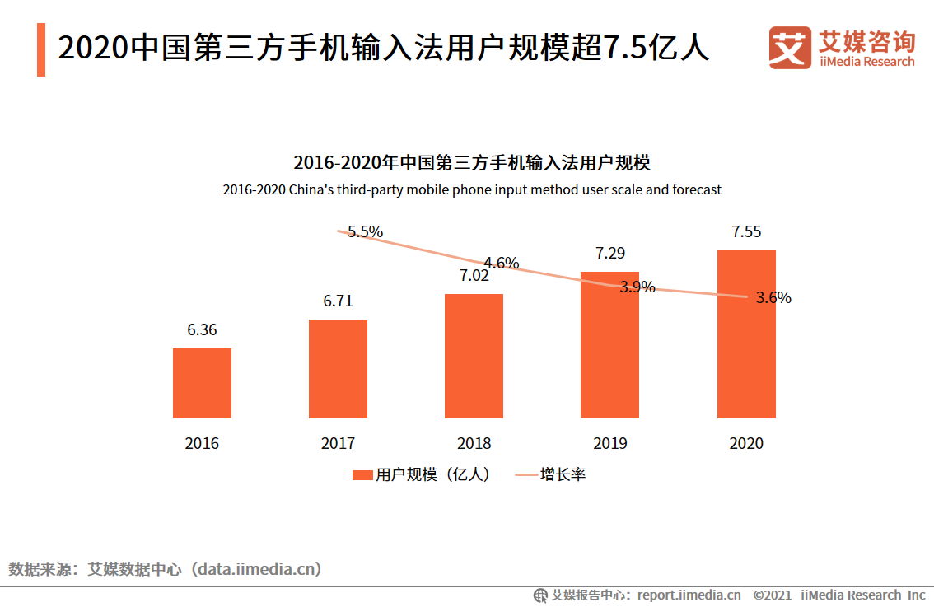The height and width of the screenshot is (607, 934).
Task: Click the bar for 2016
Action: (x=202, y=383)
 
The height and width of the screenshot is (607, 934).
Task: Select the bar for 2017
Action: (x=338, y=369)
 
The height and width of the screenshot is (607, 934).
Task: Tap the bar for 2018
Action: (x=474, y=356)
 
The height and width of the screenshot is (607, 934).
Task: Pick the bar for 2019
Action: (x=609, y=344)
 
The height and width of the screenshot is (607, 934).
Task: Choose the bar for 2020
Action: (x=746, y=334)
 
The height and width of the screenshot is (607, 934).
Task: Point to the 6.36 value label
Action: (x=202, y=329)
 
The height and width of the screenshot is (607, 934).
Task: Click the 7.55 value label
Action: (x=746, y=231)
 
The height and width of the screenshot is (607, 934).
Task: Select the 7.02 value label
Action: (x=474, y=275)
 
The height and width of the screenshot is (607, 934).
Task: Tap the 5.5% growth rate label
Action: (x=365, y=231)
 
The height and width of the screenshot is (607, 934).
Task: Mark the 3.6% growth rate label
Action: (x=773, y=298)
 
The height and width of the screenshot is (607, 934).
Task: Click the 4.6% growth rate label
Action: (x=501, y=264)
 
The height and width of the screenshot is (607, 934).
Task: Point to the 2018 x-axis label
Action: (x=474, y=443)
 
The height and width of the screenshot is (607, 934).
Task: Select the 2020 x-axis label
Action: (x=746, y=443)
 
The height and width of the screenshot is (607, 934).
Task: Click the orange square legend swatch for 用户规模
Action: (x=362, y=475)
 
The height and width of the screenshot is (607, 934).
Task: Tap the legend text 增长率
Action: (x=563, y=475)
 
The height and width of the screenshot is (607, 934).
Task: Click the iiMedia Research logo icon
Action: (x=789, y=48)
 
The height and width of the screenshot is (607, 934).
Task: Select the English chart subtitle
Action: (x=472, y=189)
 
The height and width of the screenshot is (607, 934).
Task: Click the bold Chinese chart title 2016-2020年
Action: (x=472, y=161)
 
